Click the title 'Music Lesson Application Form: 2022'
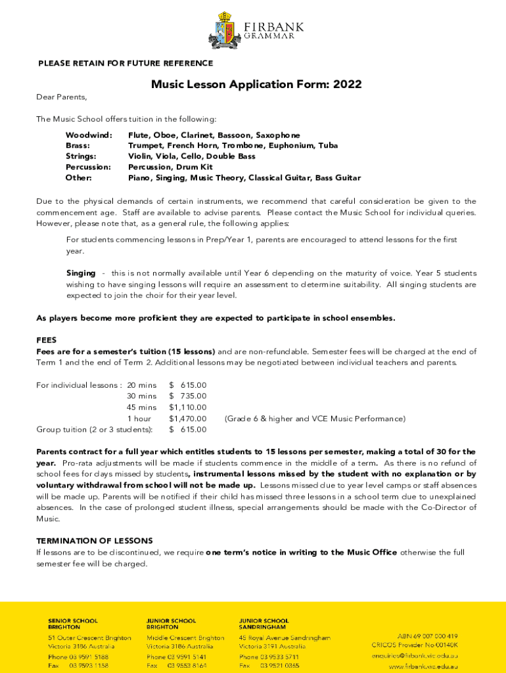[x=256, y=85]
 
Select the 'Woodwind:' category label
[x=89, y=135]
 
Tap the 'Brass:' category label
[x=78, y=146]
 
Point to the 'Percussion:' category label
[x=88, y=167]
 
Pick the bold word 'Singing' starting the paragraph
[x=81, y=273]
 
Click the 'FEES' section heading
[x=46, y=341]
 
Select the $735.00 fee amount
[x=188, y=396]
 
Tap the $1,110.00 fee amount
[x=188, y=407]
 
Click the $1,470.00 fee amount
[x=188, y=419]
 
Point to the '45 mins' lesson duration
[x=141, y=407]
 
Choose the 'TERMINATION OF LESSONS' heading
[x=95, y=541]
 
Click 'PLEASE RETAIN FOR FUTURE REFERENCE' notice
[x=126, y=64]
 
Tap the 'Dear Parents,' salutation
[x=61, y=97]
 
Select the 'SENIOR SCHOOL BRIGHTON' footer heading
[x=73, y=624]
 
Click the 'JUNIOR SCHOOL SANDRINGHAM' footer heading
[x=264, y=624]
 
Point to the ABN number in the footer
[x=427, y=636]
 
